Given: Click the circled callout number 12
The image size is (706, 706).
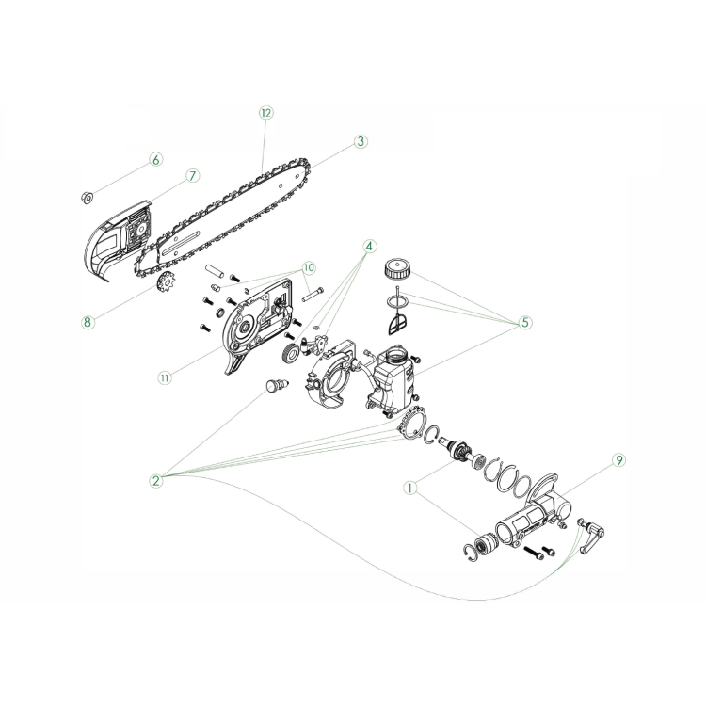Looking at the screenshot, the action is [266, 113].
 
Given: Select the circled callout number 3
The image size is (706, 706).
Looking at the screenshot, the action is [361, 141].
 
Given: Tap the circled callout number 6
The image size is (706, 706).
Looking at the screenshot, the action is [155, 159].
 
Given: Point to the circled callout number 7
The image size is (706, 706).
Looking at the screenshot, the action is [192, 176].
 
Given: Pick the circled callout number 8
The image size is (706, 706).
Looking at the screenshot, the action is [88, 322].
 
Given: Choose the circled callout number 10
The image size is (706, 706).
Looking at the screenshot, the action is [309, 268].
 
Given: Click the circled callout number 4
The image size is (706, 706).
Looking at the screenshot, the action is [369, 247].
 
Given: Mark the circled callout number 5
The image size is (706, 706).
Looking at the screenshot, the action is [524, 322].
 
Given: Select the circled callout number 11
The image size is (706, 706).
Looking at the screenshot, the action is [165, 377].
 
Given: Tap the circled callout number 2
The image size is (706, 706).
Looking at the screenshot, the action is [155, 480].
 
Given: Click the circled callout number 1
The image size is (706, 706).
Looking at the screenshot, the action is [409, 488].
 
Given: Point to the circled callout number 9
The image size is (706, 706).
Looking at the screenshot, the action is [619, 460].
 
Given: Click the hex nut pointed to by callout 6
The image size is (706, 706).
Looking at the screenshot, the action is [87, 197].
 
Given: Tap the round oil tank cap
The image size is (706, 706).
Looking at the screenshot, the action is [397, 269].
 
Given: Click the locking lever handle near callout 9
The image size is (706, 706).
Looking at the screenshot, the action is [592, 538].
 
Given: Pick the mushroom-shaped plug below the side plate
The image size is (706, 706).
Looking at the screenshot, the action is [275, 386].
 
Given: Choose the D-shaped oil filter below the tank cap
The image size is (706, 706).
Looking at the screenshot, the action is [396, 324].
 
